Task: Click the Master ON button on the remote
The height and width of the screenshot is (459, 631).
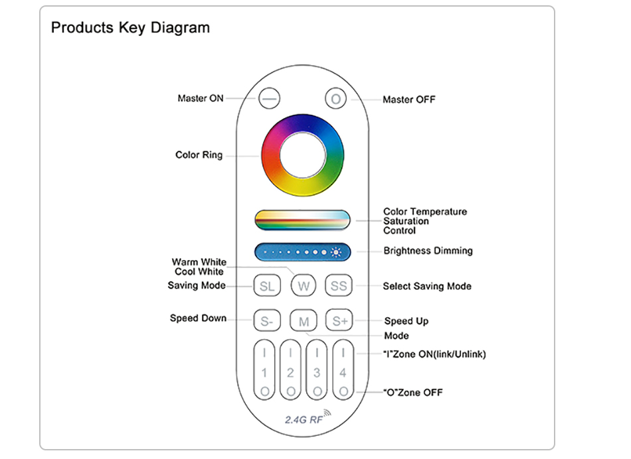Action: [269, 98]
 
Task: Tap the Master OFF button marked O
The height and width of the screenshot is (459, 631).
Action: [335, 98]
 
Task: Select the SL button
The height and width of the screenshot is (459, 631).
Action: [267, 286]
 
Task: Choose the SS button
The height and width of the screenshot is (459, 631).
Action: [339, 286]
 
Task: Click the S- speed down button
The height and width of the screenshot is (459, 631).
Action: [267, 320]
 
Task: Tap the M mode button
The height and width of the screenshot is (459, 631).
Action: [304, 321]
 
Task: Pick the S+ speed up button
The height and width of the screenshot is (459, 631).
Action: [339, 320]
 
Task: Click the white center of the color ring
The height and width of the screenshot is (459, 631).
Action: [303, 155]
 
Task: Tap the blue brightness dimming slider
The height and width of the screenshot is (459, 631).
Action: [303, 252]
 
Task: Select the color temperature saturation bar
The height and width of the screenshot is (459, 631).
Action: [303, 220]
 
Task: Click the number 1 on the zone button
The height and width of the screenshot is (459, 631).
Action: [264, 373]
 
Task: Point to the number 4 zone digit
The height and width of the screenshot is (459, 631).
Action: [343, 373]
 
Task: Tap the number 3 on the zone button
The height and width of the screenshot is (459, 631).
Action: [317, 373]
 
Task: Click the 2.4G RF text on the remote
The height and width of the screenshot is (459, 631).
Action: [304, 420]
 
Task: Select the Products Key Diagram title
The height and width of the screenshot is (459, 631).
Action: [130, 28]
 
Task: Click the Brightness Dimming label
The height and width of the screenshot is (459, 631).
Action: [428, 251]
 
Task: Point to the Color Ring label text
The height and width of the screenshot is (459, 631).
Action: [199, 155]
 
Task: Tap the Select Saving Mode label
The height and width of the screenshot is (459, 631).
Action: [427, 286]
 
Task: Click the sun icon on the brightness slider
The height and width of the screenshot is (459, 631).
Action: [336, 252]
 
